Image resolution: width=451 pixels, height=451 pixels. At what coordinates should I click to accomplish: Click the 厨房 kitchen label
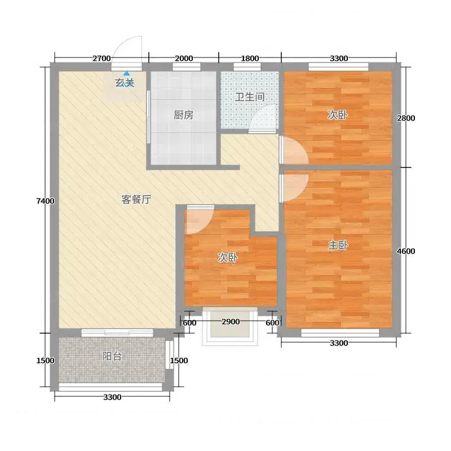click(183, 115)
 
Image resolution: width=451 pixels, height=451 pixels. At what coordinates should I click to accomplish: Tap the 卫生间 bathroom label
click(250, 97)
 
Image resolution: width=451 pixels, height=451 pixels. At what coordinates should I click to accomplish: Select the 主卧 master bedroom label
click(338, 245)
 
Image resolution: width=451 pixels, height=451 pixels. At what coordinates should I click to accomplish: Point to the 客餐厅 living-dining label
click(136, 200)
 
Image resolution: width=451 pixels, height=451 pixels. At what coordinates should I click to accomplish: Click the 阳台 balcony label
click(112, 356)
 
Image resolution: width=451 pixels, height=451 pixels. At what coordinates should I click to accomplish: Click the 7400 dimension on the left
click(46, 201)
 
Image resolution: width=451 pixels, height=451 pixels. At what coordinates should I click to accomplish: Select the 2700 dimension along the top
click(101, 59)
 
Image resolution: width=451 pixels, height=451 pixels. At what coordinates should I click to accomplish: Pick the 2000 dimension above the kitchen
click(184, 59)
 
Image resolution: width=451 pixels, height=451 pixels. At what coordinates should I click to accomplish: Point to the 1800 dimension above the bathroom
click(250, 59)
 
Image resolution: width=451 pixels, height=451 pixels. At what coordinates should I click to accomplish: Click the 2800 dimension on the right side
click(406, 118)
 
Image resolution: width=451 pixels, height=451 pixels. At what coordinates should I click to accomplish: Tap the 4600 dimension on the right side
click(406, 251)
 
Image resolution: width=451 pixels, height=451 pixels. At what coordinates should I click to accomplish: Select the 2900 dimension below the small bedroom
click(231, 321)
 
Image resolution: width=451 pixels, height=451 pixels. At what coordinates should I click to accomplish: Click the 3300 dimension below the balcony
click(112, 397)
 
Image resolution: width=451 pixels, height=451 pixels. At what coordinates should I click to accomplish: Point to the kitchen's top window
click(187, 67)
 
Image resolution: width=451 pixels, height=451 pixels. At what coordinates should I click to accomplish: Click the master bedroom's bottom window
click(340, 333)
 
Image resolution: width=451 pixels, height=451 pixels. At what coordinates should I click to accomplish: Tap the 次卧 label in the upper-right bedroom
click(338, 115)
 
